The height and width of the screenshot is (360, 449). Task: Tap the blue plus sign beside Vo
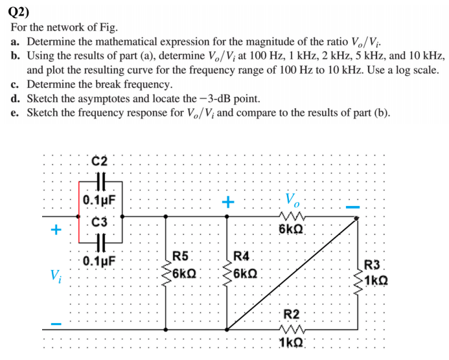pyautogui.click(x=227, y=202)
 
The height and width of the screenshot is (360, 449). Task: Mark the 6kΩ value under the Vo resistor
pyautogui.click(x=292, y=230)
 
